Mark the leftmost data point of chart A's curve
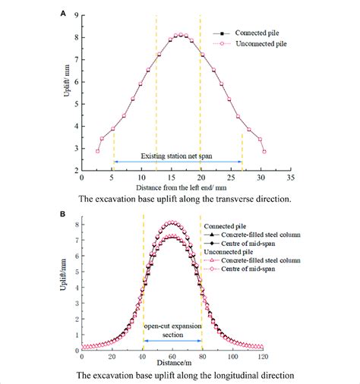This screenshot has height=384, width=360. point(97,151)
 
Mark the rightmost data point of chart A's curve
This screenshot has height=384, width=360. point(264,151)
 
